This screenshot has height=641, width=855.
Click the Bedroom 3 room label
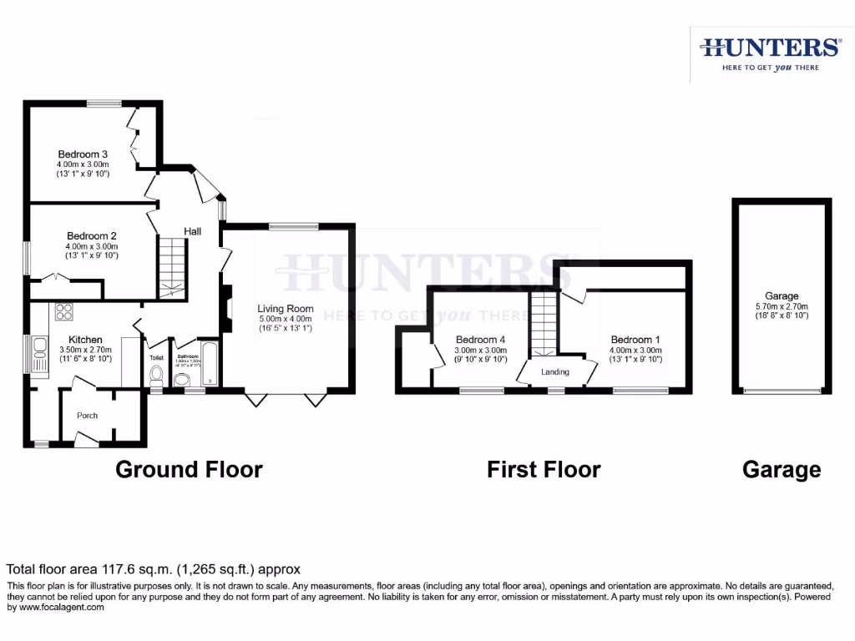click(83, 154)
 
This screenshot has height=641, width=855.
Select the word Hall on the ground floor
click(193, 231)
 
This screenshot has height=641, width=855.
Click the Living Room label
click(286, 309)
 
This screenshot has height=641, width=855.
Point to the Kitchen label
click(85, 340)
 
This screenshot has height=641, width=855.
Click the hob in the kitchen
click(64, 312)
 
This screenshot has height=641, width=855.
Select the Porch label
click(87, 416)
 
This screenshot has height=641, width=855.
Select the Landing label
click(555, 372)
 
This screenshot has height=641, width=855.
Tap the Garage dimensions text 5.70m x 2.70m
click(782, 306)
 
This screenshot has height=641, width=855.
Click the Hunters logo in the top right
click(769, 53)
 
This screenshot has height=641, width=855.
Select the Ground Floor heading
click(189, 469)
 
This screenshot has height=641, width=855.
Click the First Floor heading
click(544, 469)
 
